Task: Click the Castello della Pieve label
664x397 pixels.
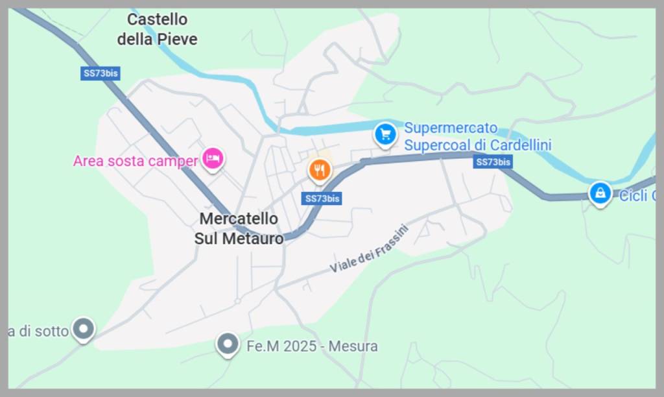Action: pyautogui.click(x=157, y=29)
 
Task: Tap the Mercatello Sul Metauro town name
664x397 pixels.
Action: pyautogui.click(x=239, y=228)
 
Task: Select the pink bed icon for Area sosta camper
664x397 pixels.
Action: pyautogui.click(x=213, y=158)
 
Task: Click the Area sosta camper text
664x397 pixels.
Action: pyautogui.click(x=135, y=161)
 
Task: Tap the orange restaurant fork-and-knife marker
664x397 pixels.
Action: pyautogui.click(x=319, y=170)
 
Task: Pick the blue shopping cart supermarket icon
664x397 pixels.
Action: pyautogui.click(x=385, y=134)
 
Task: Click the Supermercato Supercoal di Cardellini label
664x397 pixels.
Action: pyautogui.click(x=477, y=136)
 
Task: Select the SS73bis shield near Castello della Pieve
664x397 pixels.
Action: pyautogui.click(x=101, y=73)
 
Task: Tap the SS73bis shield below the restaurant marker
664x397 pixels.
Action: pyautogui.click(x=322, y=198)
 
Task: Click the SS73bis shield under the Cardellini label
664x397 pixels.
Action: pyautogui.click(x=493, y=162)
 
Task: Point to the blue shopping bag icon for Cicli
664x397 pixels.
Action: pyautogui.click(x=600, y=193)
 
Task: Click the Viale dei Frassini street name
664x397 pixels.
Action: pyautogui.click(x=370, y=249)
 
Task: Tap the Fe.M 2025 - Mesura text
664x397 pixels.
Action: pyautogui.click(x=312, y=346)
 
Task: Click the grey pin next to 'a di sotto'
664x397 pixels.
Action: pyautogui.click(x=84, y=328)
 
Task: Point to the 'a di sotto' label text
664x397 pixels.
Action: pyautogui.click(x=38, y=331)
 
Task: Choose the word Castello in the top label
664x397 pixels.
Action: pyautogui.click(x=157, y=19)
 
